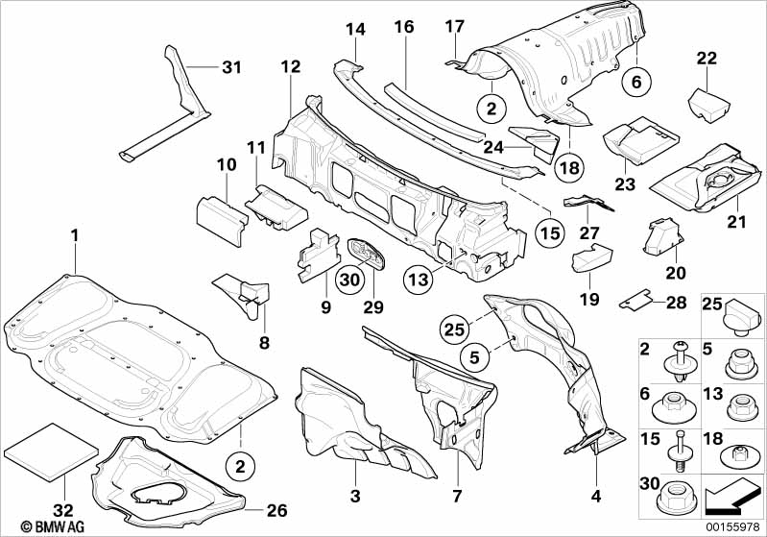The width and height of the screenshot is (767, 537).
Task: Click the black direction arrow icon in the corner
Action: (x=733, y=496)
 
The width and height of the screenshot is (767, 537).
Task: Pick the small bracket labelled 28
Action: (x=634, y=301)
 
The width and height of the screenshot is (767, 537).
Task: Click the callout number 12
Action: (x=290, y=66)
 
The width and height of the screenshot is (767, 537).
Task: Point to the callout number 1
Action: (x=74, y=234)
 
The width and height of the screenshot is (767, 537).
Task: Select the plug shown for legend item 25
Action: (x=741, y=316)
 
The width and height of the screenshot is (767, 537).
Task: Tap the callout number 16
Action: (x=403, y=27)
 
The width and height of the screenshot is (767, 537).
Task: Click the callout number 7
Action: (x=457, y=496)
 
